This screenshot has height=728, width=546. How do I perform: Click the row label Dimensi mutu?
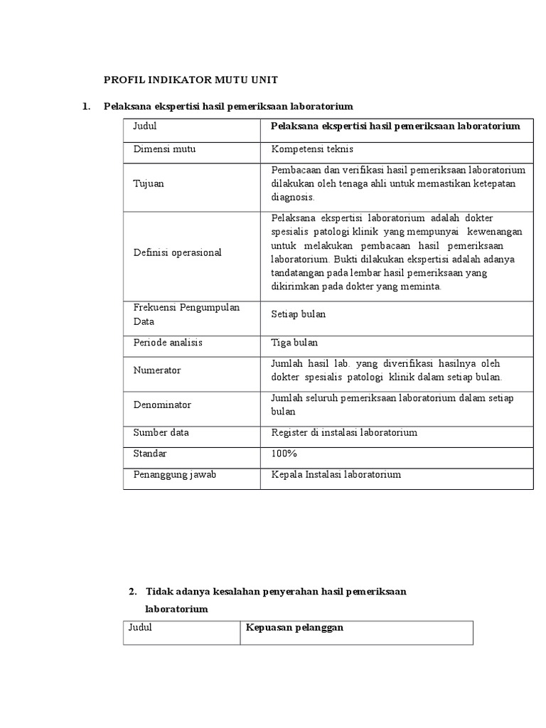click(164, 149)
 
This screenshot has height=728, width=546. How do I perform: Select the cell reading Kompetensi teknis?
click(312, 149)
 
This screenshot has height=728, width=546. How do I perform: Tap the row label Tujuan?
click(149, 183)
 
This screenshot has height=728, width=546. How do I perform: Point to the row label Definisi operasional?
click(178, 252)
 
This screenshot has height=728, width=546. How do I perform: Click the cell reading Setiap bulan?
click(299, 314)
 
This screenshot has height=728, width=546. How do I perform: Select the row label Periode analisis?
click(168, 343)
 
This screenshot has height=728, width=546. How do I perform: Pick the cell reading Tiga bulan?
click(295, 343)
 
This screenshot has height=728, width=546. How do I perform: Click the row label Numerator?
click(157, 370)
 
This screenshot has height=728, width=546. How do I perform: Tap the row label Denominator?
click(162, 405)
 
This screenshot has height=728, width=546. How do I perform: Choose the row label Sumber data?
click(161, 432)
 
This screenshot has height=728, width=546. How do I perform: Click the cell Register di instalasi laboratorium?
click(344, 432)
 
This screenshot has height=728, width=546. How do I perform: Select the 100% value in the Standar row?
click(284, 453)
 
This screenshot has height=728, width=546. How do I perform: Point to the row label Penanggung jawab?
click(174, 474)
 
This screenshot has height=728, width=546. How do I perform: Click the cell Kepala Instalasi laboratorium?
click(336, 474)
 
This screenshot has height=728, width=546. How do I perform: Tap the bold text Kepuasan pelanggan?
click(294, 628)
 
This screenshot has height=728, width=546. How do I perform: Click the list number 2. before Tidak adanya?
click(132, 591)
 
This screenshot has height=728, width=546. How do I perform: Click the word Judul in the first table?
click(145, 126)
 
